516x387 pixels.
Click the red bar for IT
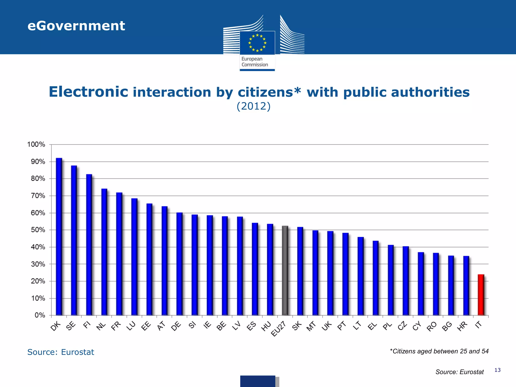(481, 295)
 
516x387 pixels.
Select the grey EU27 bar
(285, 271)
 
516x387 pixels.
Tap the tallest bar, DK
(59, 237)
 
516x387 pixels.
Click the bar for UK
(330, 273)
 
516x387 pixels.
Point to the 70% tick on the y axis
(38, 196)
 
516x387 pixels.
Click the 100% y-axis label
(36, 144)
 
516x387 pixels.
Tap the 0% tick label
(40, 315)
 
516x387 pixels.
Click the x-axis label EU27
(278, 329)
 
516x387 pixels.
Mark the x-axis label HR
(462, 326)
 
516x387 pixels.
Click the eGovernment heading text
(76, 26)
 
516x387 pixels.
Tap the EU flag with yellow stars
(257, 43)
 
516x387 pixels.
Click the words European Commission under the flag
(254, 62)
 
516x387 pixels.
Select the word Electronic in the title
(88, 92)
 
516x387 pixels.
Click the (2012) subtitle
(253, 106)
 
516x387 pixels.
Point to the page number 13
(497, 370)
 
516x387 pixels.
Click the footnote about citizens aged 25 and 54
(439, 351)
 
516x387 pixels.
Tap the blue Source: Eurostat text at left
(60, 352)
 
